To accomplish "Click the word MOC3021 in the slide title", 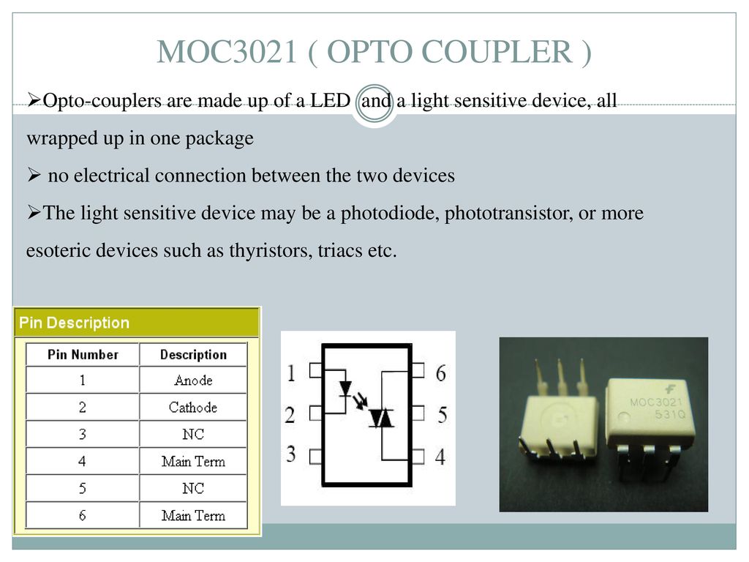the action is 227,52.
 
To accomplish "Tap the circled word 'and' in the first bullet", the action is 375,101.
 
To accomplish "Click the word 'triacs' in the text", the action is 339,250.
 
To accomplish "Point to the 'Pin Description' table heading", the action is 74,323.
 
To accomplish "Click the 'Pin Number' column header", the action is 83,355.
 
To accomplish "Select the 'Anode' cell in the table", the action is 193,381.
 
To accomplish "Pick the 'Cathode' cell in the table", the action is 193,407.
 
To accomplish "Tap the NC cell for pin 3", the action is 193,434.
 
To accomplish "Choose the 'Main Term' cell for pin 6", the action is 193,516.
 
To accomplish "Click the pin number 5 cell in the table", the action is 82,488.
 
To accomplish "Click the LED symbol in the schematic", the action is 345,388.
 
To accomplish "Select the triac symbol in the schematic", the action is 381,418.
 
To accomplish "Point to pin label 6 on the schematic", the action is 441,373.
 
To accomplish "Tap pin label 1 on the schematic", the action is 291,373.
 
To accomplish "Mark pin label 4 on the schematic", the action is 440,457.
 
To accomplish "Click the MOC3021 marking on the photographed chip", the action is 656,402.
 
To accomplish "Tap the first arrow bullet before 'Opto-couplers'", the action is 34,100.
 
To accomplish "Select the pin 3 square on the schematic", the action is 316,457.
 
